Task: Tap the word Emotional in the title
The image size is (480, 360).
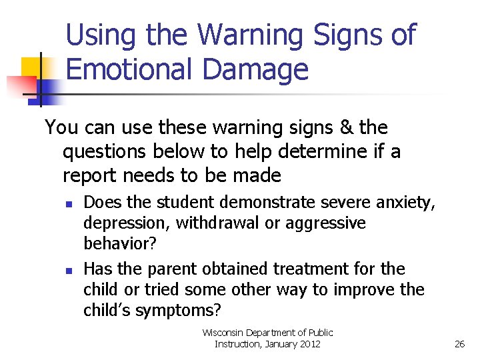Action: pos(132,69)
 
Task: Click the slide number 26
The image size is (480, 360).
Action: pos(459,344)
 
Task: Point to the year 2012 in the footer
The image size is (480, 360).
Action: pos(307,344)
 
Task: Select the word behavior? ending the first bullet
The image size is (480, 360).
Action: pos(119,243)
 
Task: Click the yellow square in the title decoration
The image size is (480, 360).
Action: pos(31,68)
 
